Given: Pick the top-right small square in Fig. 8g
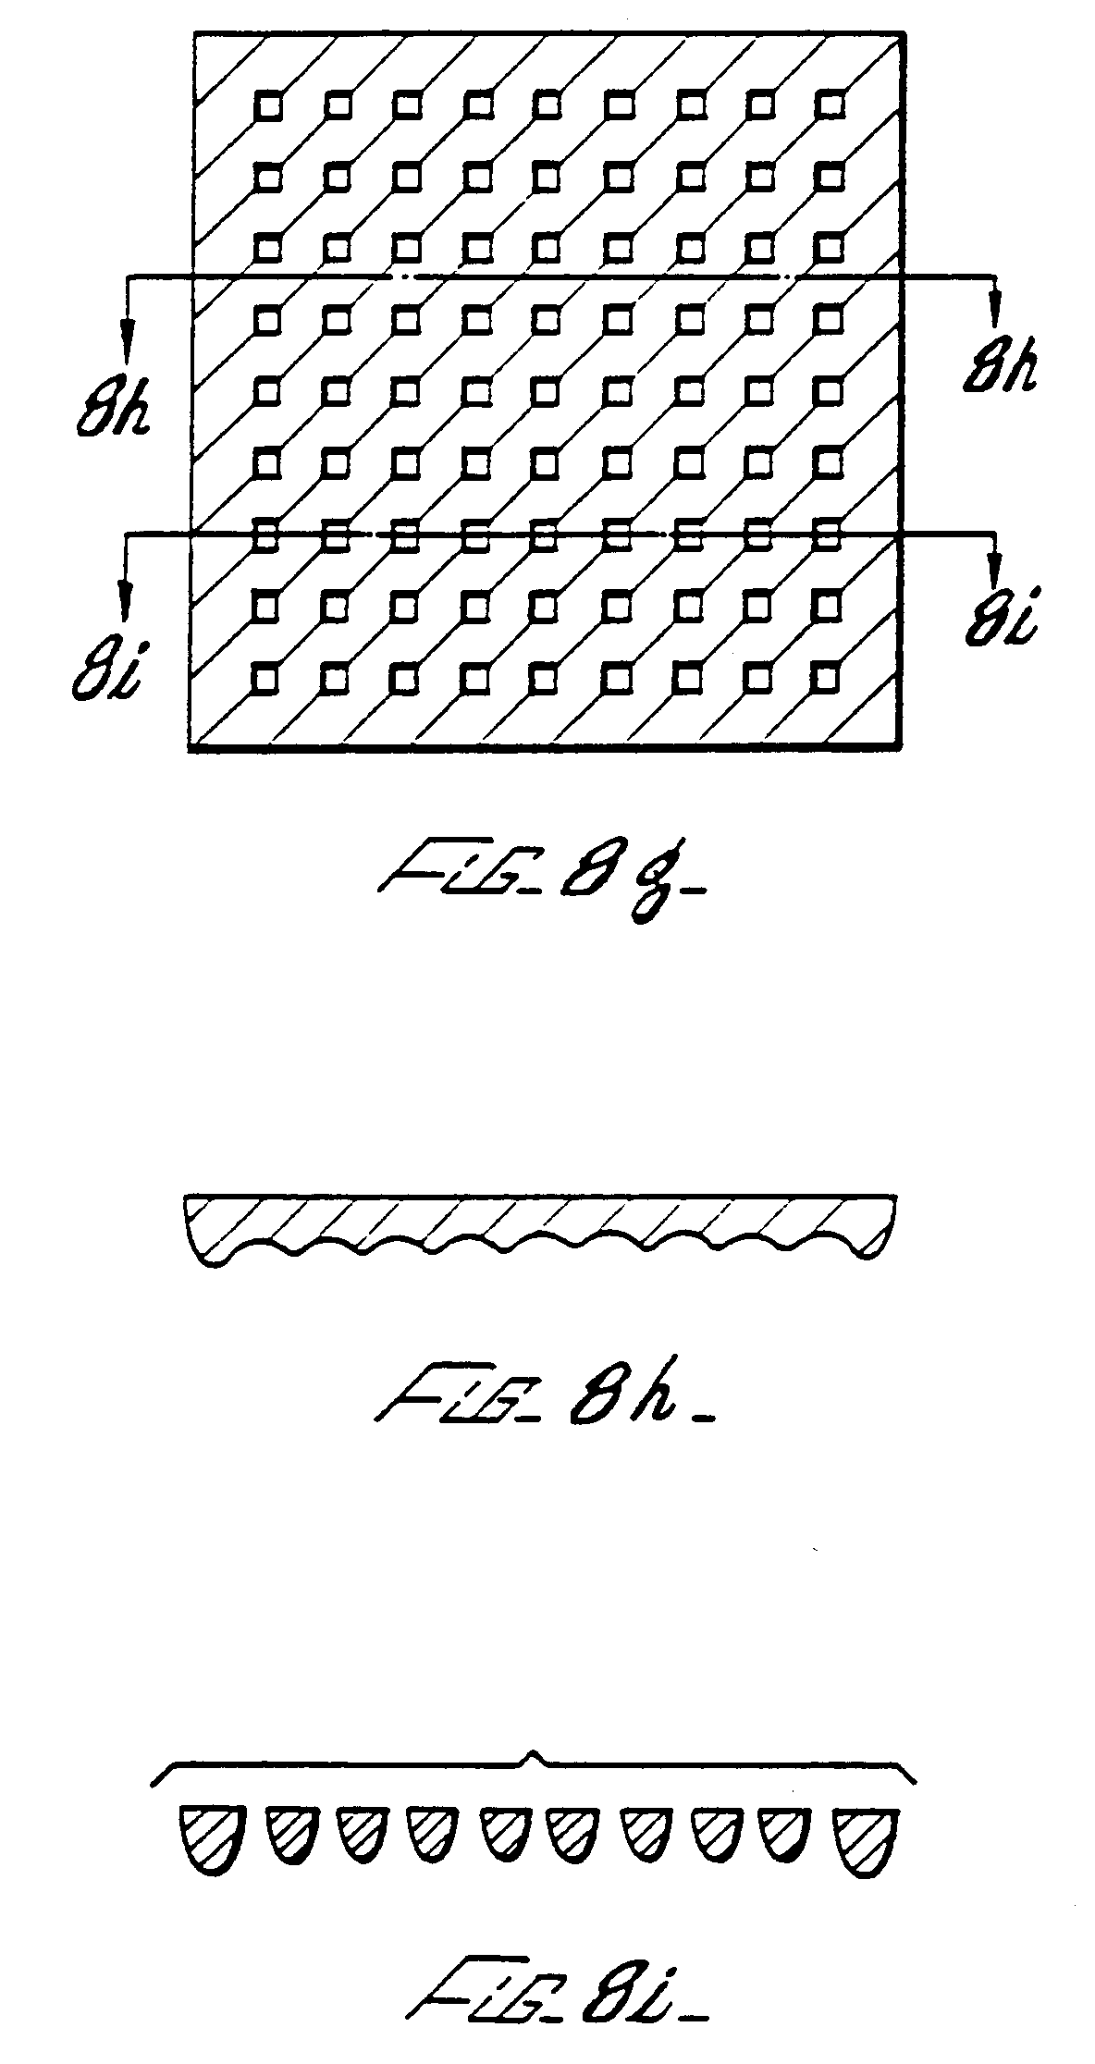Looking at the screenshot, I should click(830, 104).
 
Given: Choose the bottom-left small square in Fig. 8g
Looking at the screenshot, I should click(265, 679).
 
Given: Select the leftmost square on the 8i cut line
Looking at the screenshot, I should click(266, 534).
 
